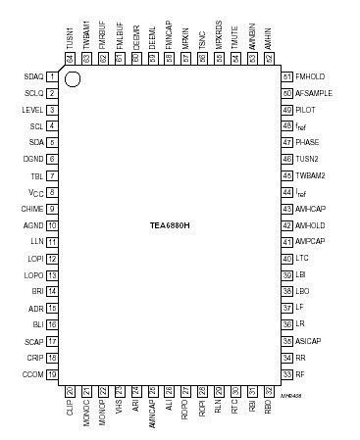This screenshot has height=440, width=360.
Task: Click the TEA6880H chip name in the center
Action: point(170,224)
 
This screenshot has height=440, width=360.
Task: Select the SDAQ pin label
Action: point(33,76)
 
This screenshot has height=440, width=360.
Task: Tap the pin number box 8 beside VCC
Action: point(50,192)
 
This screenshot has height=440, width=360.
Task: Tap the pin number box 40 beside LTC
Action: point(287,258)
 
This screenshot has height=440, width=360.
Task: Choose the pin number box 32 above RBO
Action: point(268,390)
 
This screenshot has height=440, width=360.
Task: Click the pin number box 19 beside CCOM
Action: point(50,373)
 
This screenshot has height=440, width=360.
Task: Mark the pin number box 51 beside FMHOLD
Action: point(287,76)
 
